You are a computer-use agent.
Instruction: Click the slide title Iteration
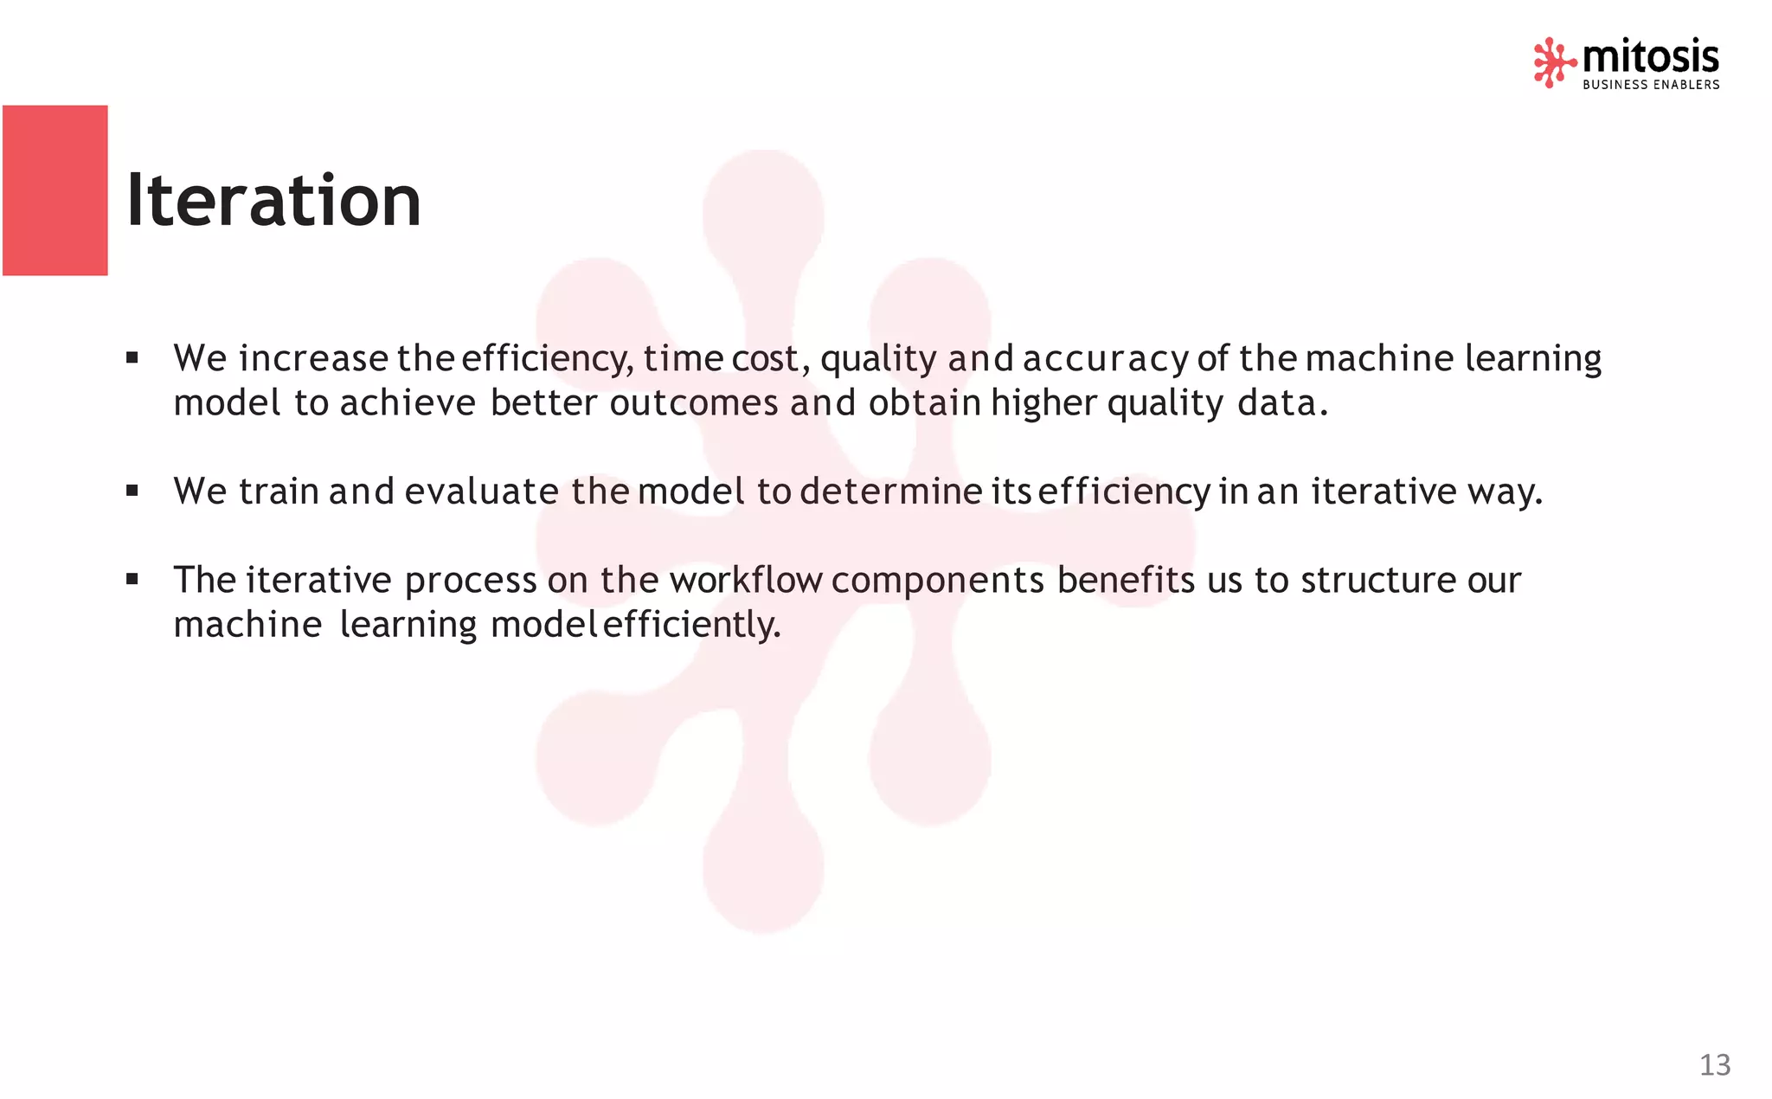(x=273, y=201)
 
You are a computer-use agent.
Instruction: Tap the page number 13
(x=1714, y=1064)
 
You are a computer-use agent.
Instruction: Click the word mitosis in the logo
(x=1650, y=57)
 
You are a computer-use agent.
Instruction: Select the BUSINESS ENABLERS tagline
(x=1651, y=85)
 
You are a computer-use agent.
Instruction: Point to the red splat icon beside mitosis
(x=1553, y=62)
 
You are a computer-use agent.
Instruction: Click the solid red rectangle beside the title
(x=55, y=190)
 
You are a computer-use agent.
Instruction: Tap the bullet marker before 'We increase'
(x=132, y=357)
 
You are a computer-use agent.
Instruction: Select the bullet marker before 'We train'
(x=132, y=491)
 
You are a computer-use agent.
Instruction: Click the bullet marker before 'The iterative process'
(x=132, y=579)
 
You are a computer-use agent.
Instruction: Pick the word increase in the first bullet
(x=313, y=358)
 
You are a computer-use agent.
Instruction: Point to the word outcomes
(x=694, y=403)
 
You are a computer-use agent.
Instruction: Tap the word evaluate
(x=481, y=492)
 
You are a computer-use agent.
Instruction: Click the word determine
(x=891, y=492)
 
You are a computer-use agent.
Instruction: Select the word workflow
(x=745, y=580)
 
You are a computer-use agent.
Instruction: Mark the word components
(x=938, y=580)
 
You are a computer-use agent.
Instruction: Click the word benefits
(x=1126, y=580)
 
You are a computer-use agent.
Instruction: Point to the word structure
(x=1378, y=580)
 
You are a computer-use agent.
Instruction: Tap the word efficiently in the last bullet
(x=691, y=625)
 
